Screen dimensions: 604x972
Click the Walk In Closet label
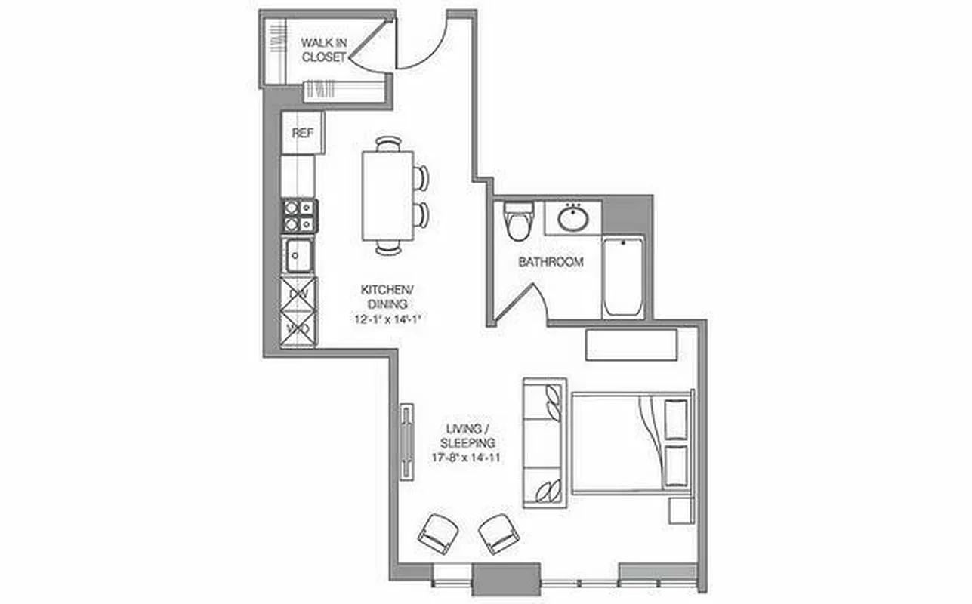tap(324, 49)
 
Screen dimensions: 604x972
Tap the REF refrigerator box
tap(302, 133)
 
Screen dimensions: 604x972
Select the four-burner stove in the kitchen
tap(300, 215)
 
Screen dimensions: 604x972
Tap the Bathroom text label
tap(551, 262)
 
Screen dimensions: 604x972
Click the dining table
tap(387, 195)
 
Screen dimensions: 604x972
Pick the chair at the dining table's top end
tap(388, 143)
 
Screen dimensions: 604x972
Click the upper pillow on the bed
tap(676, 419)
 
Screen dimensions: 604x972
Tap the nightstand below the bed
tap(680, 510)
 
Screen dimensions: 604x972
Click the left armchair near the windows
tap(437, 532)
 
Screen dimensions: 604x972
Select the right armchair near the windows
tap(498, 534)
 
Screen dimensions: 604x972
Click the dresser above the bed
tap(631, 344)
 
